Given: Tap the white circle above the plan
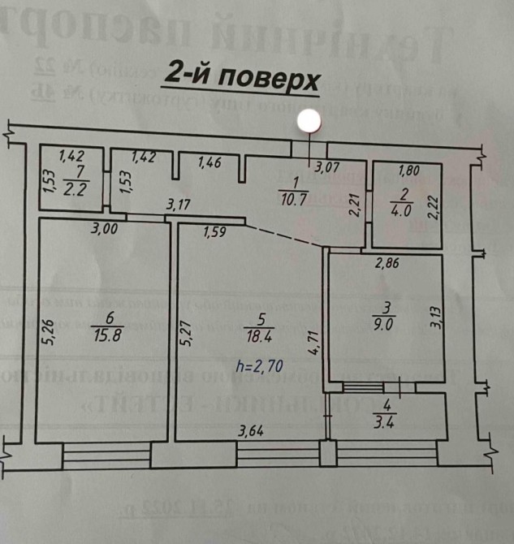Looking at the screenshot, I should [x=309, y=122].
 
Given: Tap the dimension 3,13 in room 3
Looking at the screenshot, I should [x=437, y=315].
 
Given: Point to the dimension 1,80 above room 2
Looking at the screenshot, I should [x=407, y=171].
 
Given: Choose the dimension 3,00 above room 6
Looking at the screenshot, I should [x=105, y=230].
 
